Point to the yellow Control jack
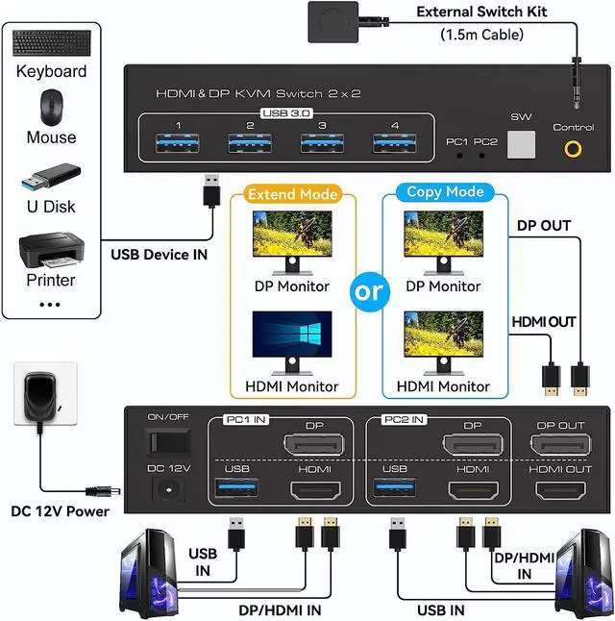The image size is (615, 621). pos(575,149)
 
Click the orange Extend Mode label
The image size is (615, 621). pos(293,194)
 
